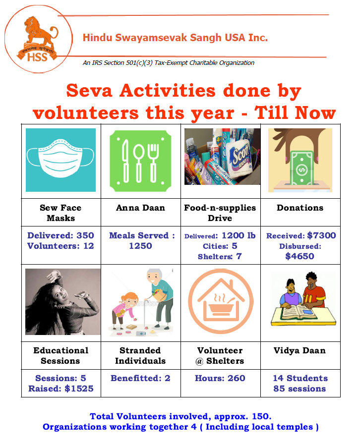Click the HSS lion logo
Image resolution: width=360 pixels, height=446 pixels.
pyautogui.click(x=38, y=39)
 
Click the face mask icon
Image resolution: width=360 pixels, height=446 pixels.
pyautogui.click(x=60, y=158)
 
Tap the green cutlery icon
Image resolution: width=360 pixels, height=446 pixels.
pyautogui.click(x=141, y=161)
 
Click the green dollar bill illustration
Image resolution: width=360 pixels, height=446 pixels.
pyautogui.click(x=301, y=168)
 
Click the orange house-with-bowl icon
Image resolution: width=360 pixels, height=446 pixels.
pyautogui.click(x=221, y=301)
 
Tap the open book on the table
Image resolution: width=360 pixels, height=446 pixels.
pyautogui.click(x=299, y=312)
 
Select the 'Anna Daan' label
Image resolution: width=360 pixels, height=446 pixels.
pyautogui.click(x=141, y=208)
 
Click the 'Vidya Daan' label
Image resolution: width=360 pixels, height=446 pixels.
pyautogui.click(x=300, y=350)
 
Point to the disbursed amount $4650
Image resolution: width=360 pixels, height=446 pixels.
pyautogui.click(x=300, y=256)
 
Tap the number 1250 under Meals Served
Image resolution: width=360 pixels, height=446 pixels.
pyautogui.click(x=141, y=246)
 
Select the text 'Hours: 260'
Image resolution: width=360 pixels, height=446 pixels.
pyautogui.click(x=220, y=378)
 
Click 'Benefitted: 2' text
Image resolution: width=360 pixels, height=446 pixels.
pyautogui.click(x=141, y=378)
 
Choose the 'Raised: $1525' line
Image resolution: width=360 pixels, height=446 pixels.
pyautogui.click(x=61, y=389)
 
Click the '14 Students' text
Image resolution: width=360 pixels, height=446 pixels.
pyautogui.click(x=300, y=378)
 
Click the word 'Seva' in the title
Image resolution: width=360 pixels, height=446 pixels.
pyautogui.click(x=89, y=91)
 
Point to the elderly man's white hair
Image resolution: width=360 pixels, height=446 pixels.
pyautogui.click(x=155, y=273)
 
